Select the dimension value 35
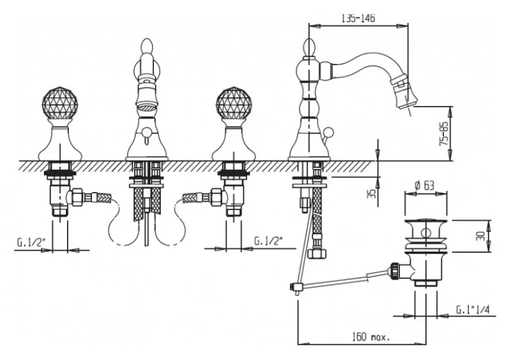[x=371, y=193]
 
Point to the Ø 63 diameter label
[x=425, y=185]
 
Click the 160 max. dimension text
[x=370, y=336]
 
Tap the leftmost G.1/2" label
[x=29, y=243]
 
